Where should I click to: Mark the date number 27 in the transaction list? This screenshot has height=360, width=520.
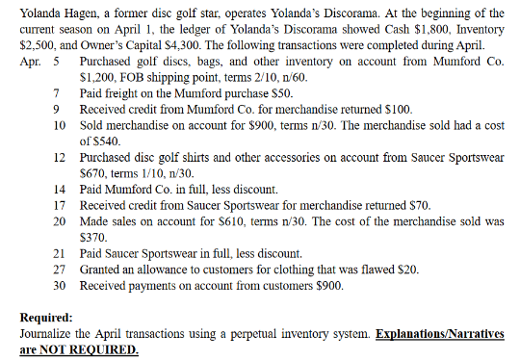coord(59,269)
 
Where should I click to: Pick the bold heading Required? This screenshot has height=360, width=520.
coord(49,317)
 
